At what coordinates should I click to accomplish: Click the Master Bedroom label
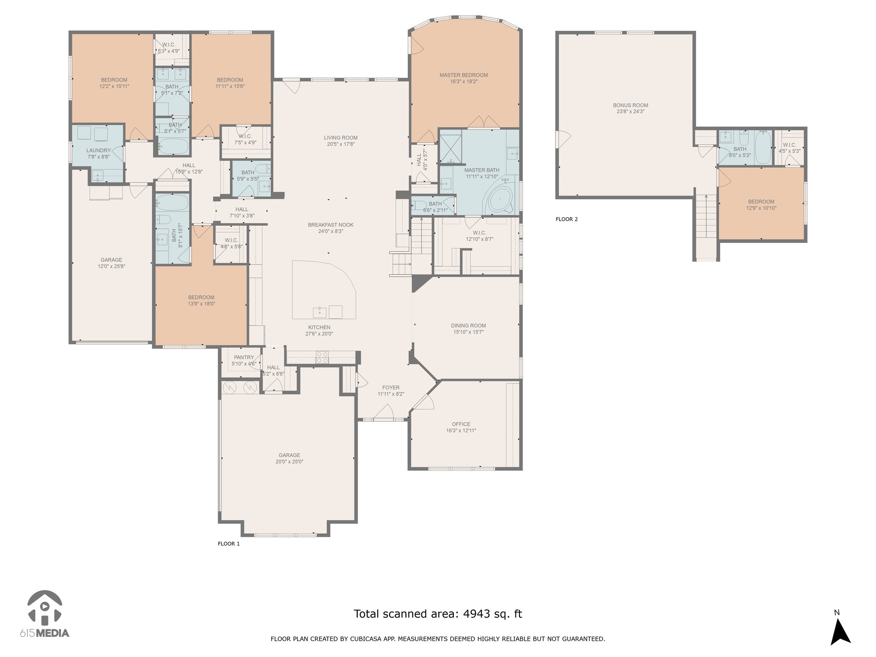[x=464, y=75]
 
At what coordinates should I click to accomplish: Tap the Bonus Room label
[x=630, y=105]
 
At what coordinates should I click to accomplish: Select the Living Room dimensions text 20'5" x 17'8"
[x=340, y=144]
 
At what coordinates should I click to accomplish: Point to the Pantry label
[x=244, y=358]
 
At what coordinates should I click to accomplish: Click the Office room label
[x=461, y=424]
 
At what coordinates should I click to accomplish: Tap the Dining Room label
[x=468, y=326]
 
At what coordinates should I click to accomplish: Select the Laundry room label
[x=98, y=151]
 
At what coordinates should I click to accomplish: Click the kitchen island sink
[x=320, y=312]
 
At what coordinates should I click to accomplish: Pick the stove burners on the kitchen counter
[x=322, y=357]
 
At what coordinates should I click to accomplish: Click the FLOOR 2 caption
[x=567, y=219]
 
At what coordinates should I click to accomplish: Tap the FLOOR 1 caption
[x=229, y=544]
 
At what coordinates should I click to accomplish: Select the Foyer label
[x=391, y=388]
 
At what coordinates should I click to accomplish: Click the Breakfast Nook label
[x=331, y=225]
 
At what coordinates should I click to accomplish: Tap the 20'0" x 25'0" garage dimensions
[x=290, y=462]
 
